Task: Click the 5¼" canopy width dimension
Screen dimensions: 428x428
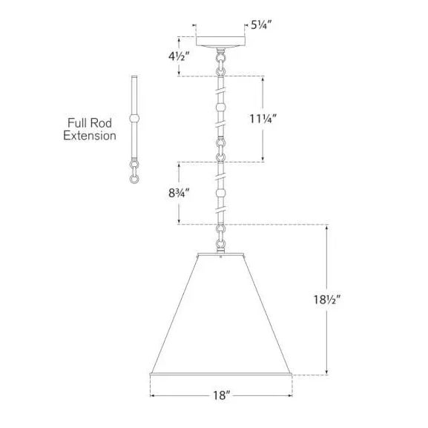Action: point(261,25)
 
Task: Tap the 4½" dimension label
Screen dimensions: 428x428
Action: point(179,56)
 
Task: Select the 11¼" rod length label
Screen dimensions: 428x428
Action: point(263,119)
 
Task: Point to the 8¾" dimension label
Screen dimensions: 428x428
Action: point(179,194)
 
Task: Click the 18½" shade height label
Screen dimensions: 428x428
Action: point(327,300)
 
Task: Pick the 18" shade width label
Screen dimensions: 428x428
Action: point(221,395)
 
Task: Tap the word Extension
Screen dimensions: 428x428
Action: point(90,136)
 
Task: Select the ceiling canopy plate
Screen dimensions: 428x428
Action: point(220,42)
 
